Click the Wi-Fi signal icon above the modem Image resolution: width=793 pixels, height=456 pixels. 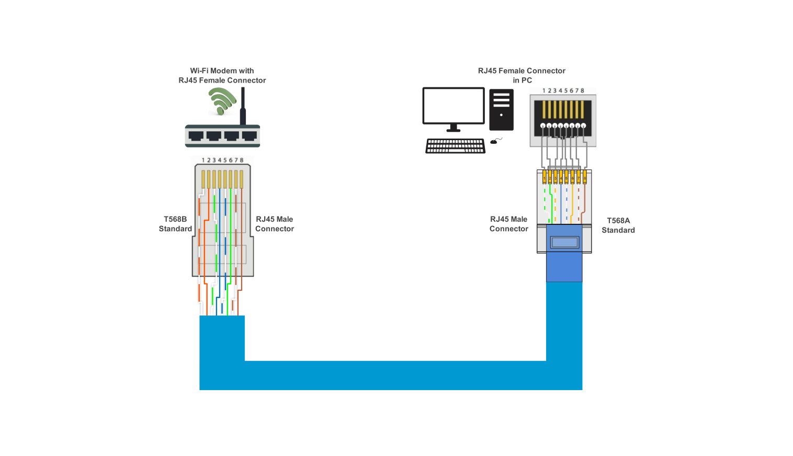coord(222,100)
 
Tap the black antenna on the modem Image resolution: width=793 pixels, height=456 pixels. coord(243,107)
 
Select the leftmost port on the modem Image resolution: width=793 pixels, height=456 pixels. coord(196,136)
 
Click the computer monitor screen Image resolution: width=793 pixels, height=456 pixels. coord(454,105)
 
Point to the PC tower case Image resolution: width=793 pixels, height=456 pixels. coord(501,110)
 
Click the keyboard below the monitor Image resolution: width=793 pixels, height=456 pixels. coord(455,146)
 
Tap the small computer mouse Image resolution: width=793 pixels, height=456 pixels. coord(494,141)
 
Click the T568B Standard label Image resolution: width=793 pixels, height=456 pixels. coord(175,224)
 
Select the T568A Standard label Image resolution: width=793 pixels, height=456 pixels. coord(618,225)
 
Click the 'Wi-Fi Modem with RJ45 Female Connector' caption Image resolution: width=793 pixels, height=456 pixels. coord(222,75)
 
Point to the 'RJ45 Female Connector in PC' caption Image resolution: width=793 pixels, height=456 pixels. coord(522,75)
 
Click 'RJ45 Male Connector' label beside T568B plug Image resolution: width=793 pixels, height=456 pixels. coord(274,224)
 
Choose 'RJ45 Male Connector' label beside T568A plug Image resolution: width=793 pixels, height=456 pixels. coord(508,224)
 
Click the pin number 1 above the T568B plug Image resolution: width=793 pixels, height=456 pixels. coord(203,160)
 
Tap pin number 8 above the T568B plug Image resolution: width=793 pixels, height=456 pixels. coord(242,160)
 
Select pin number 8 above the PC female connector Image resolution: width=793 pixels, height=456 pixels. coord(582,90)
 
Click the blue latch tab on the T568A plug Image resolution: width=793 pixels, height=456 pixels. coord(564,242)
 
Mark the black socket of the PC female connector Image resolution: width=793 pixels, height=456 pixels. coord(563,117)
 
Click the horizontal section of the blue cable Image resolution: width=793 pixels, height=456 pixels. coord(392,375)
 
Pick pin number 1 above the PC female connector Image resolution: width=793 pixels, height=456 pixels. coord(544,90)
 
